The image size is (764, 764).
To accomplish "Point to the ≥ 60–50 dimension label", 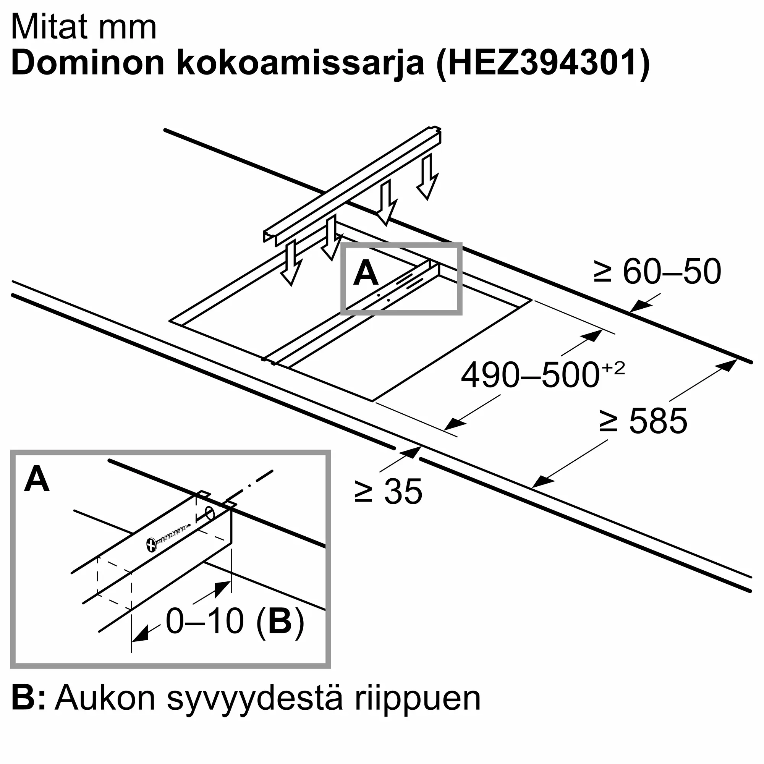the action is [657, 272].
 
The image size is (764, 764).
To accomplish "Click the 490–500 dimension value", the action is [530, 375].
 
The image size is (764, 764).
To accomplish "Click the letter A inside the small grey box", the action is [366, 273].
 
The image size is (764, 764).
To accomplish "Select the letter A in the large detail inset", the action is [37, 479].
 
